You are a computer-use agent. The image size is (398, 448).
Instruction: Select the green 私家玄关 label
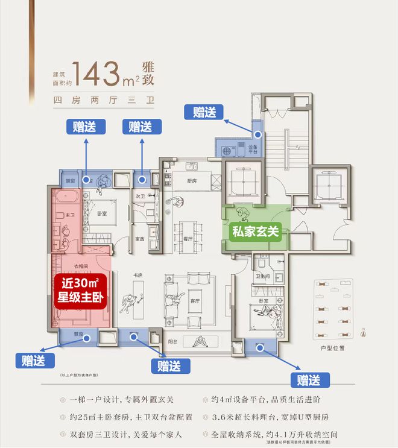point(256,231)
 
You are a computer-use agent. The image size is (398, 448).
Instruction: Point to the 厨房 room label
point(192,181)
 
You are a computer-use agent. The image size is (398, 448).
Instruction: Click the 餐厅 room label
point(188,239)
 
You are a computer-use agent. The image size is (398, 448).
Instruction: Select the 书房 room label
point(137,277)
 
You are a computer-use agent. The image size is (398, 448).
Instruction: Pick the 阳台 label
point(174,341)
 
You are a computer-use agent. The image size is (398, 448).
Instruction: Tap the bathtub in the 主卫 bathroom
point(65,198)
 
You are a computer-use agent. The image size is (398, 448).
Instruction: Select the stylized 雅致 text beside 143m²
point(149,73)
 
